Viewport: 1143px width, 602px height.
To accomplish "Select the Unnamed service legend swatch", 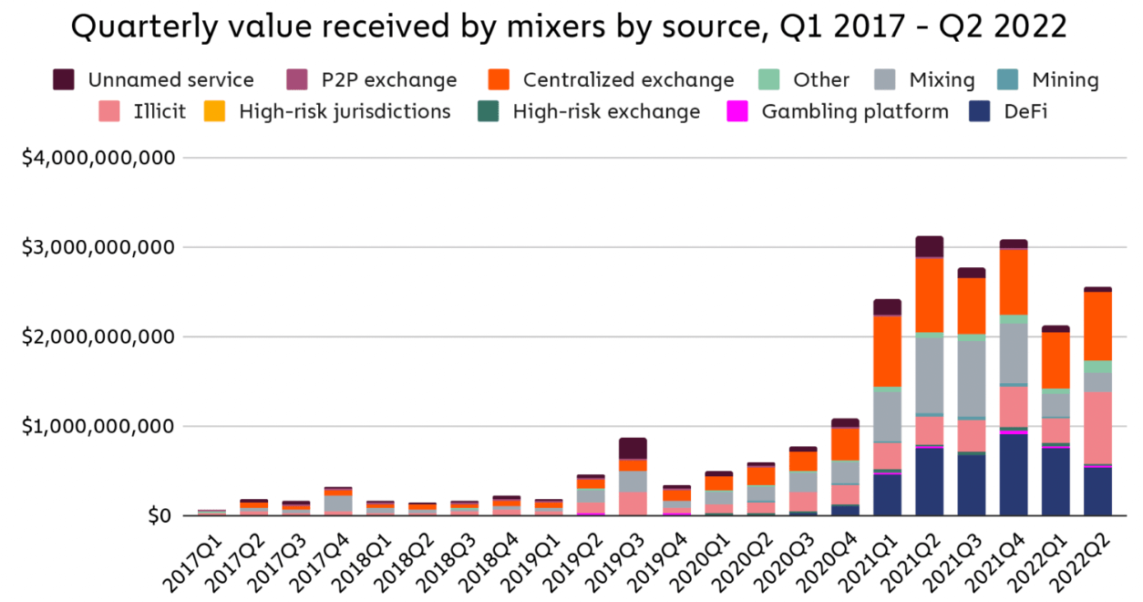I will click(x=64, y=79).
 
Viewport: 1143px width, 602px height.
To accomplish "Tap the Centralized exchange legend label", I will click(x=628, y=80).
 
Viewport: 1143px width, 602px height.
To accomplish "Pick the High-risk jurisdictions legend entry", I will click(x=345, y=112).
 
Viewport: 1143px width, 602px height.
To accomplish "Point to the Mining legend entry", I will click(x=1065, y=80).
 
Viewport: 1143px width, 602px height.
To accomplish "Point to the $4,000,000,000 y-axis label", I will click(x=98, y=158).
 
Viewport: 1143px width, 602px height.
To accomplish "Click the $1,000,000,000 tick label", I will click(x=98, y=427).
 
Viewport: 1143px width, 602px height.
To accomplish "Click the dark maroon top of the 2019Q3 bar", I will click(x=633, y=448).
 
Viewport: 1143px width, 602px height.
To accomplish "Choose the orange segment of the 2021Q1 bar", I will click(x=887, y=351).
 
